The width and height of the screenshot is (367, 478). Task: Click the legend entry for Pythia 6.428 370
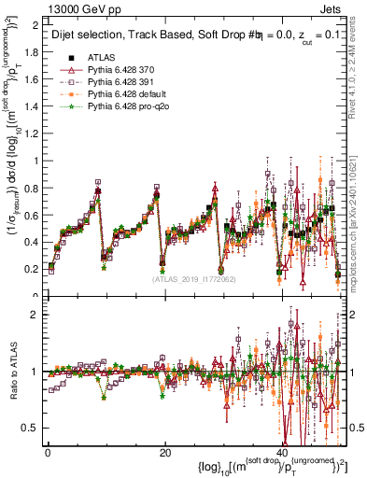click(x=119, y=69)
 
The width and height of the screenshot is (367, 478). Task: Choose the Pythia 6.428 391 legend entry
click(x=119, y=82)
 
